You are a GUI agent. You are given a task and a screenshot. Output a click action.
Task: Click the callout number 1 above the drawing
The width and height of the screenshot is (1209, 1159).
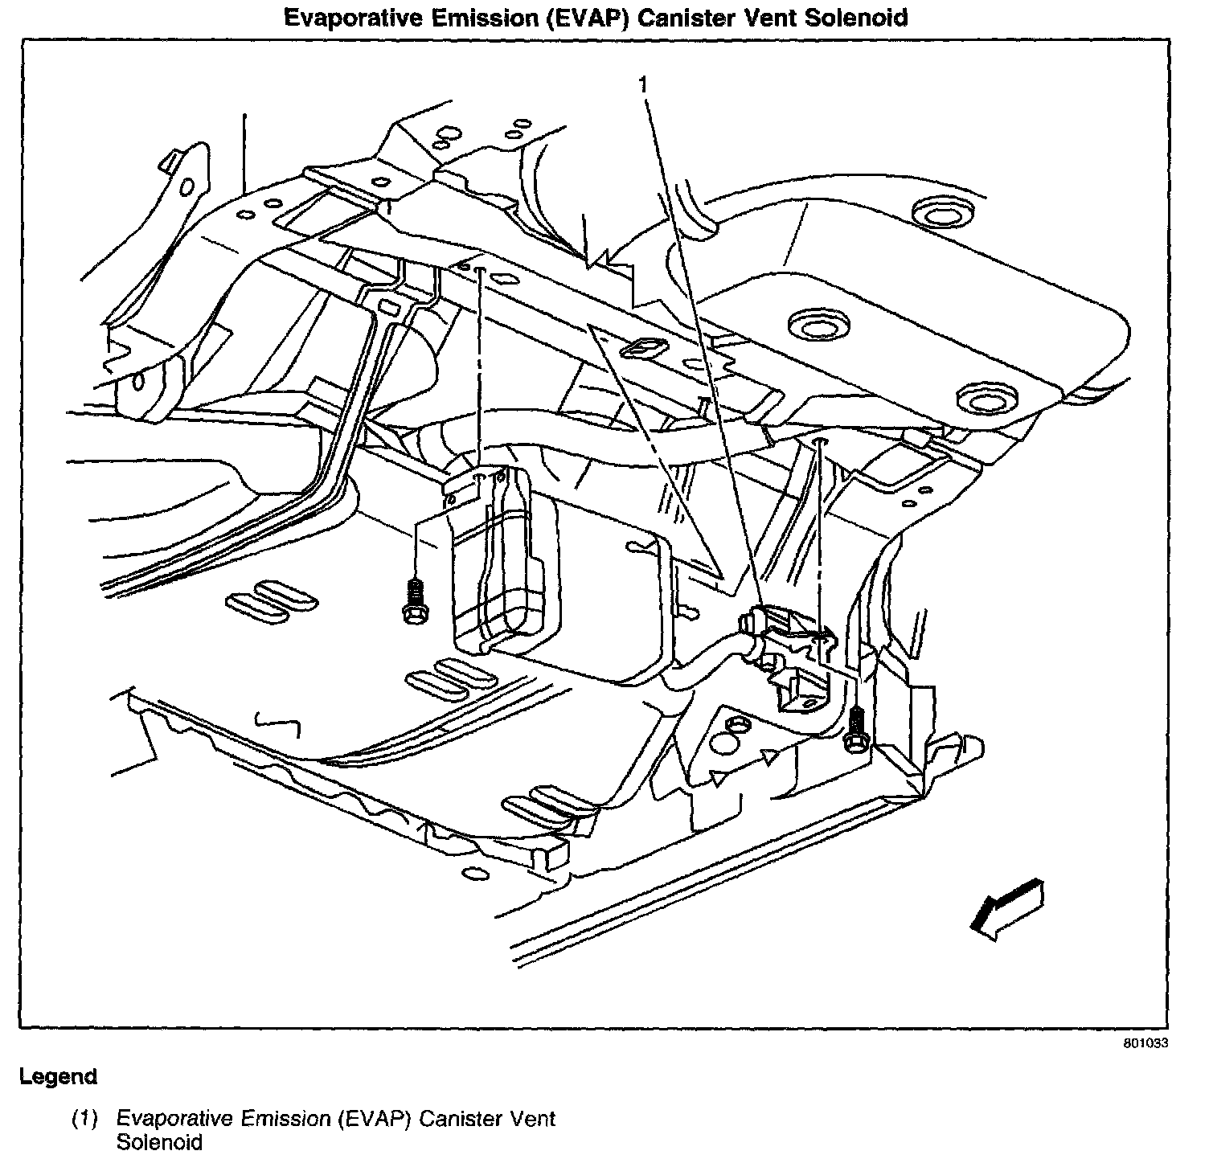[x=642, y=84]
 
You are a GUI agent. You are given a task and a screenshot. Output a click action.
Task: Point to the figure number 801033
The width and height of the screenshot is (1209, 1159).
[x=1145, y=1043]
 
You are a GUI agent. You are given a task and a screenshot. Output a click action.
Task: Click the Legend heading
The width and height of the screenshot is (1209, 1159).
[x=58, y=1076]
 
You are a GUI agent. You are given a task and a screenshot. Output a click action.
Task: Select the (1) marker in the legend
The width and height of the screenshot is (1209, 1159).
[x=84, y=1118]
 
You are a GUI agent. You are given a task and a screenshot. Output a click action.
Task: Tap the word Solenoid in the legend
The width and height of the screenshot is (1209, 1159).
[x=158, y=1142]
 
